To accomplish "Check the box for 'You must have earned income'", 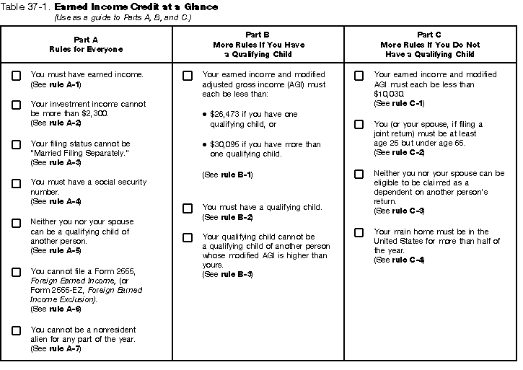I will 16,75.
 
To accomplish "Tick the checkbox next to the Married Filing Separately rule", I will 16,144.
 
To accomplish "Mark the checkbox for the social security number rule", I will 16,183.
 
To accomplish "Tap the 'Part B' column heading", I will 258,34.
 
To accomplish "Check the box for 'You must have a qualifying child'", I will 188,208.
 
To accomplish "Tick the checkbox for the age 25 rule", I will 359,124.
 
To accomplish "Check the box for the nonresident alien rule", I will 16,330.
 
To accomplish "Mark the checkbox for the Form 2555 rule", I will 16,272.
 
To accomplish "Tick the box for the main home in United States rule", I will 359,232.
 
